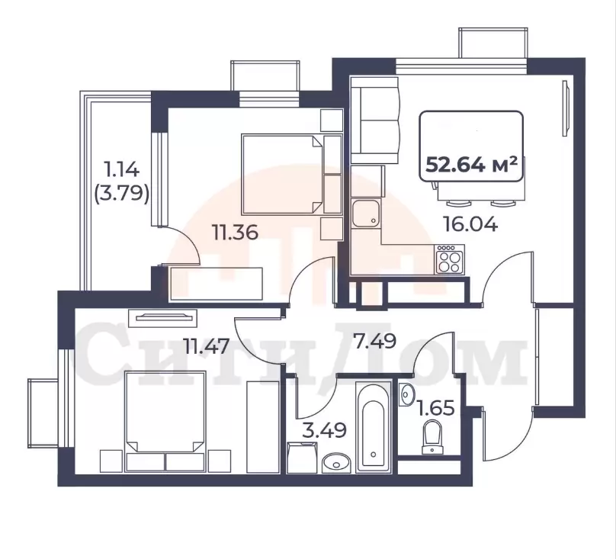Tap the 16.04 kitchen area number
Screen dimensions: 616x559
[470, 224]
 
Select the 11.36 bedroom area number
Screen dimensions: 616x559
[235, 232]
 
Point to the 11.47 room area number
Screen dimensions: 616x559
[207, 346]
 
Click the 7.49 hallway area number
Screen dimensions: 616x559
[374, 341]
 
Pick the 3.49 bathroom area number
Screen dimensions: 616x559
[324, 430]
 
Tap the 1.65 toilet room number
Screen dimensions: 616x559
[436, 408]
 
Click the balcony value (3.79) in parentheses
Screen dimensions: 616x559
[122, 194]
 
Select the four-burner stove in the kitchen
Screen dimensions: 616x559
[450, 259]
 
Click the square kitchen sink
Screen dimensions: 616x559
[366, 214]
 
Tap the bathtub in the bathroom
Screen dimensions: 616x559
[374, 427]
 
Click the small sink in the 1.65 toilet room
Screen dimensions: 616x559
[406, 394]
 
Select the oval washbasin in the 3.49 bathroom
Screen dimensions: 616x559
[336, 463]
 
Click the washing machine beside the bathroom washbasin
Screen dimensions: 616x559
[302, 458]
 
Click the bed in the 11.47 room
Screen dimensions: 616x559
[165, 422]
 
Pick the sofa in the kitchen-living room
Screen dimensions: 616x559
[375, 120]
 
